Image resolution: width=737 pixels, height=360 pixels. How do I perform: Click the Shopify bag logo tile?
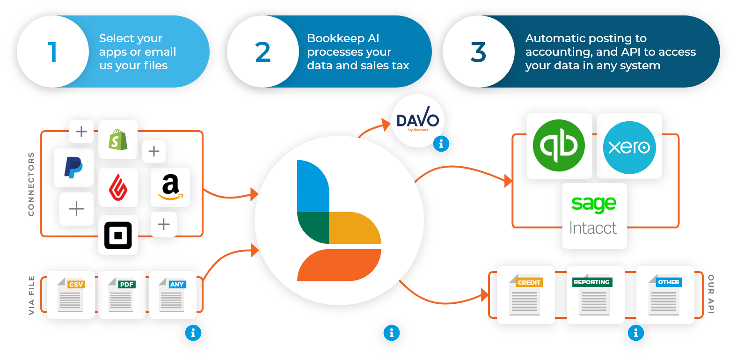118,140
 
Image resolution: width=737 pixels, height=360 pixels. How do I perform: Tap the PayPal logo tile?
73,168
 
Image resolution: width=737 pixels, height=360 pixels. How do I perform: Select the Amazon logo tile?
170,187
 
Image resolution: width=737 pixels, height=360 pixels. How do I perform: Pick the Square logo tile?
118,235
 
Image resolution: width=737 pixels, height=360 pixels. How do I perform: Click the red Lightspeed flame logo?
118,187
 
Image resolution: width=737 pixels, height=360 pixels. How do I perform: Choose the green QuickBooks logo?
559,146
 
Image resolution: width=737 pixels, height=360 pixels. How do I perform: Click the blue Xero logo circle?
629,147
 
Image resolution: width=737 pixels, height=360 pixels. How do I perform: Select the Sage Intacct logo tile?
594,216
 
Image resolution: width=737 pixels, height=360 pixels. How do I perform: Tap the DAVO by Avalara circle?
417,121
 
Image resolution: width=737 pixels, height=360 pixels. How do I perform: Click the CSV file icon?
71,295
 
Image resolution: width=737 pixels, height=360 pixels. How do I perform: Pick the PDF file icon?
122,295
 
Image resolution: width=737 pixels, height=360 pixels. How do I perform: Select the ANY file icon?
173,295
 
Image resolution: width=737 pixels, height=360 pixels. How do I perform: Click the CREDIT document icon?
525,295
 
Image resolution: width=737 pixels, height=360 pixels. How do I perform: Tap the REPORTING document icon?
595,295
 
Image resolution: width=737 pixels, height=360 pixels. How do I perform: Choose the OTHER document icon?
665,295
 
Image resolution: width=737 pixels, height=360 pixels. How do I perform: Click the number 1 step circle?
53,51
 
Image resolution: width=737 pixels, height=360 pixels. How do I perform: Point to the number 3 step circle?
478,51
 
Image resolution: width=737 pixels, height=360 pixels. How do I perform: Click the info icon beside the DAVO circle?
441,144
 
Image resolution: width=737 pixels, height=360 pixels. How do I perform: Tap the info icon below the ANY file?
193,333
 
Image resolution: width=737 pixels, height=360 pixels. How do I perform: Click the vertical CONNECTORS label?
31,184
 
